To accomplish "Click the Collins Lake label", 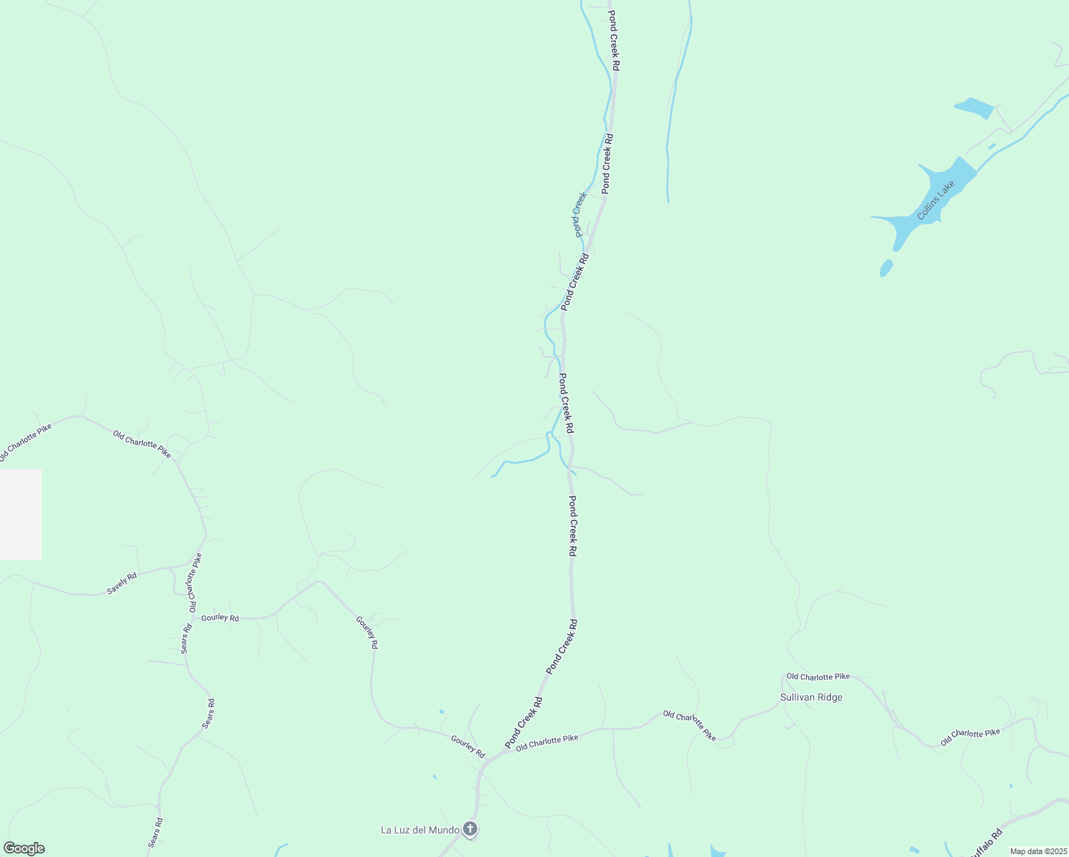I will (936, 201).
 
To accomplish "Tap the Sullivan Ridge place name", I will (811, 698).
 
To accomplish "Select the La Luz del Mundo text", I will (419, 830).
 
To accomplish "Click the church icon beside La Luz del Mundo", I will (469, 829).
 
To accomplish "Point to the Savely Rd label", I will (121, 583).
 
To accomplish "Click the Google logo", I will (24, 848).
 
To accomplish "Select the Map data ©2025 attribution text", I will (1038, 851).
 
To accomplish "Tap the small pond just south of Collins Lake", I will (886, 268).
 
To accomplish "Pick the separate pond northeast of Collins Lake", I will (974, 108).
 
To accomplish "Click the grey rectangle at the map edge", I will (20, 514).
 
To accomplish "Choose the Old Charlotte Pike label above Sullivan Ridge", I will (818, 676).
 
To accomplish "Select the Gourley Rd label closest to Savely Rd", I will (220, 618).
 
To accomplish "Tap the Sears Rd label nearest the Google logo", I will (155, 833).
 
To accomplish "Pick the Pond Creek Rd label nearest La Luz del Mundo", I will (524, 723).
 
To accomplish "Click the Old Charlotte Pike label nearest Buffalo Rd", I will (970, 737).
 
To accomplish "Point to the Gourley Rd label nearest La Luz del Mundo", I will (468, 747).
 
